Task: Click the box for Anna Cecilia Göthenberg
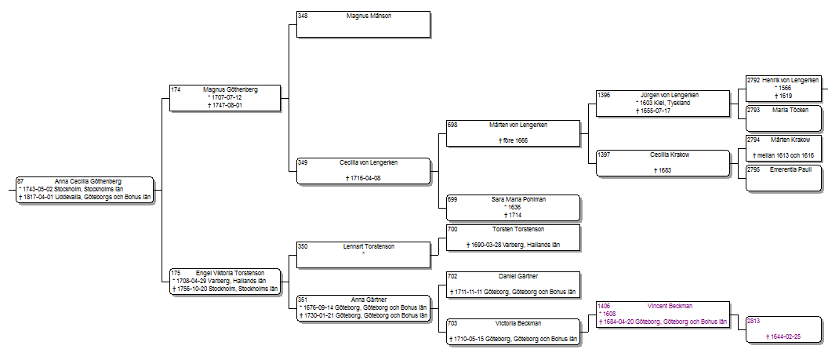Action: click(85, 190)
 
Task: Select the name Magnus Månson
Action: click(369, 16)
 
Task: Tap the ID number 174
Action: click(176, 89)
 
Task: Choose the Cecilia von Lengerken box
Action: click(364, 171)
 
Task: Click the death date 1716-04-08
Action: click(365, 178)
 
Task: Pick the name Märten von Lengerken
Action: click(518, 125)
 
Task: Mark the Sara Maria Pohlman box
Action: click(514, 208)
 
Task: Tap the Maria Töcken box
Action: click(784, 118)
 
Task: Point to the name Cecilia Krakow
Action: click(670, 155)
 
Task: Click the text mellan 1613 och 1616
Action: click(786, 155)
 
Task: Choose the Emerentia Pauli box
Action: click(784, 178)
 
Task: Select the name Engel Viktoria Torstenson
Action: click(230, 273)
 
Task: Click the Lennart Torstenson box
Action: click(364, 255)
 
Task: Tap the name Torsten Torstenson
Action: click(518, 229)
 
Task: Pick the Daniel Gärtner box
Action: click(514, 285)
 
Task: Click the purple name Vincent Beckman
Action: click(670, 306)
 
